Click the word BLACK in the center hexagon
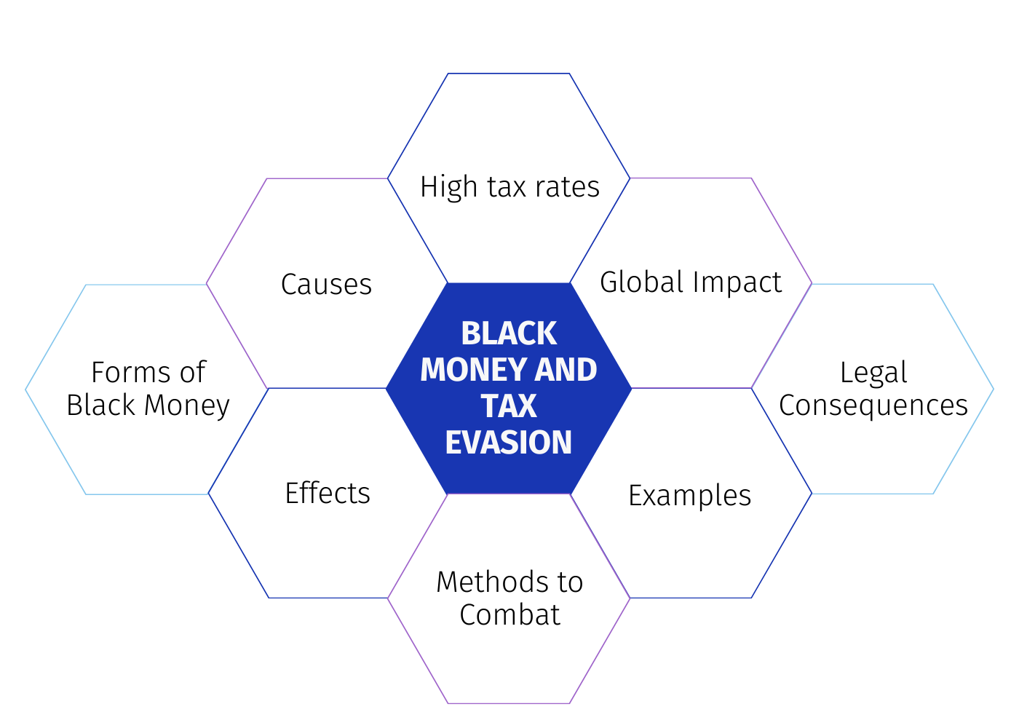pyautogui.click(x=509, y=333)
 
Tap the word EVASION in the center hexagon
pyautogui.click(x=509, y=443)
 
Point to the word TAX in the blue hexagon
pyautogui.click(x=509, y=406)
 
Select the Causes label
pyautogui.click(x=327, y=285)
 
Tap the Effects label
pyautogui.click(x=328, y=494)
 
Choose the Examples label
pyautogui.click(x=690, y=496)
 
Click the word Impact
pyautogui.click(x=737, y=283)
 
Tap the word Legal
pyautogui.click(x=873, y=373)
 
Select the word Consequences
pyautogui.click(x=873, y=406)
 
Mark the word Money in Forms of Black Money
pyautogui.click(x=186, y=406)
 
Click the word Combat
pyautogui.click(x=509, y=615)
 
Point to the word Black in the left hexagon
pyautogui.click(x=101, y=405)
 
